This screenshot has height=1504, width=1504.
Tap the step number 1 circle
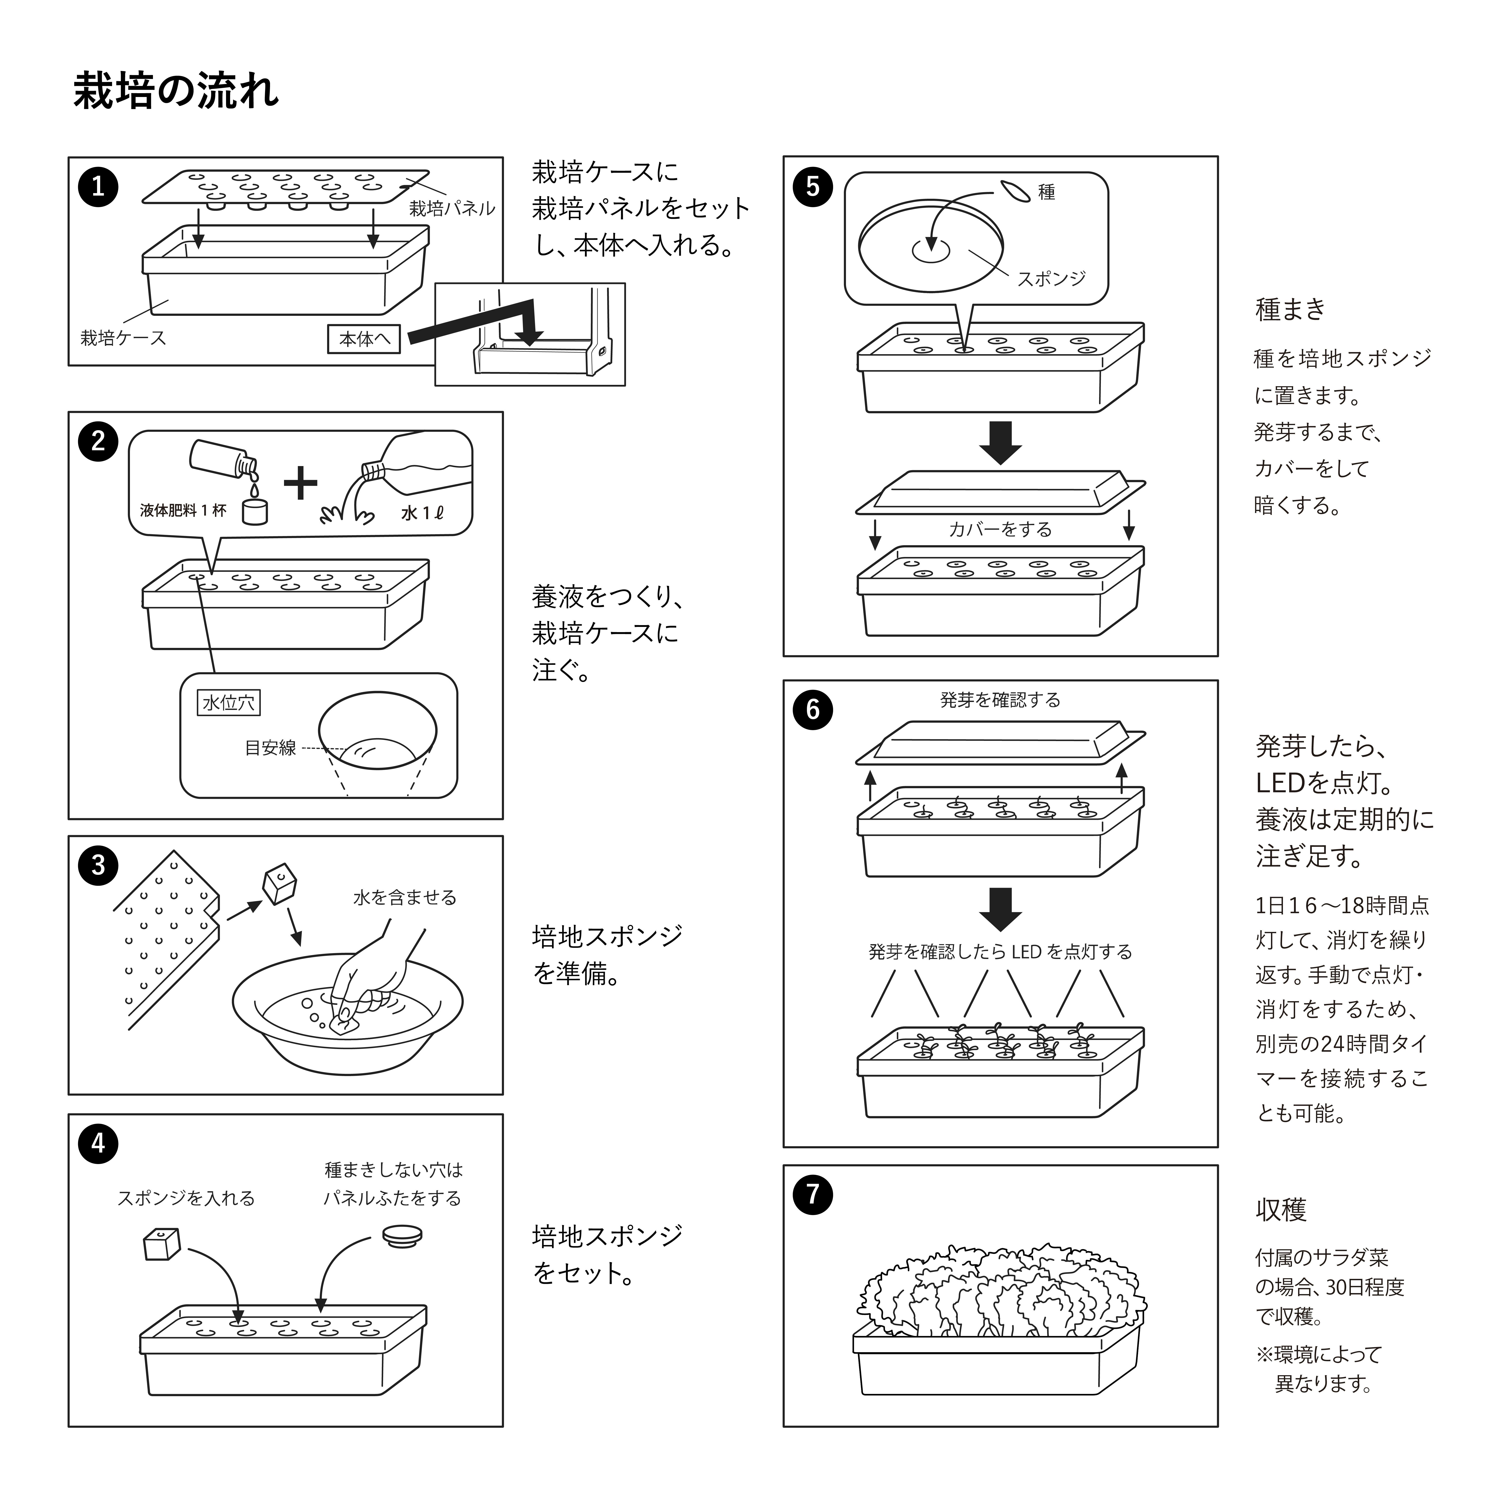coord(98,187)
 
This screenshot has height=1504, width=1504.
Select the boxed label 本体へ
coord(364,339)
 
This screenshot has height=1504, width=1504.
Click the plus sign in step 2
coord(300,483)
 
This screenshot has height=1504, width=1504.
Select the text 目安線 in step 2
coord(270,748)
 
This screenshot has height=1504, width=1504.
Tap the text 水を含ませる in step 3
coord(405,898)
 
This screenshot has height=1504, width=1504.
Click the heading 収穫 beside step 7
coord(1281,1209)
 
